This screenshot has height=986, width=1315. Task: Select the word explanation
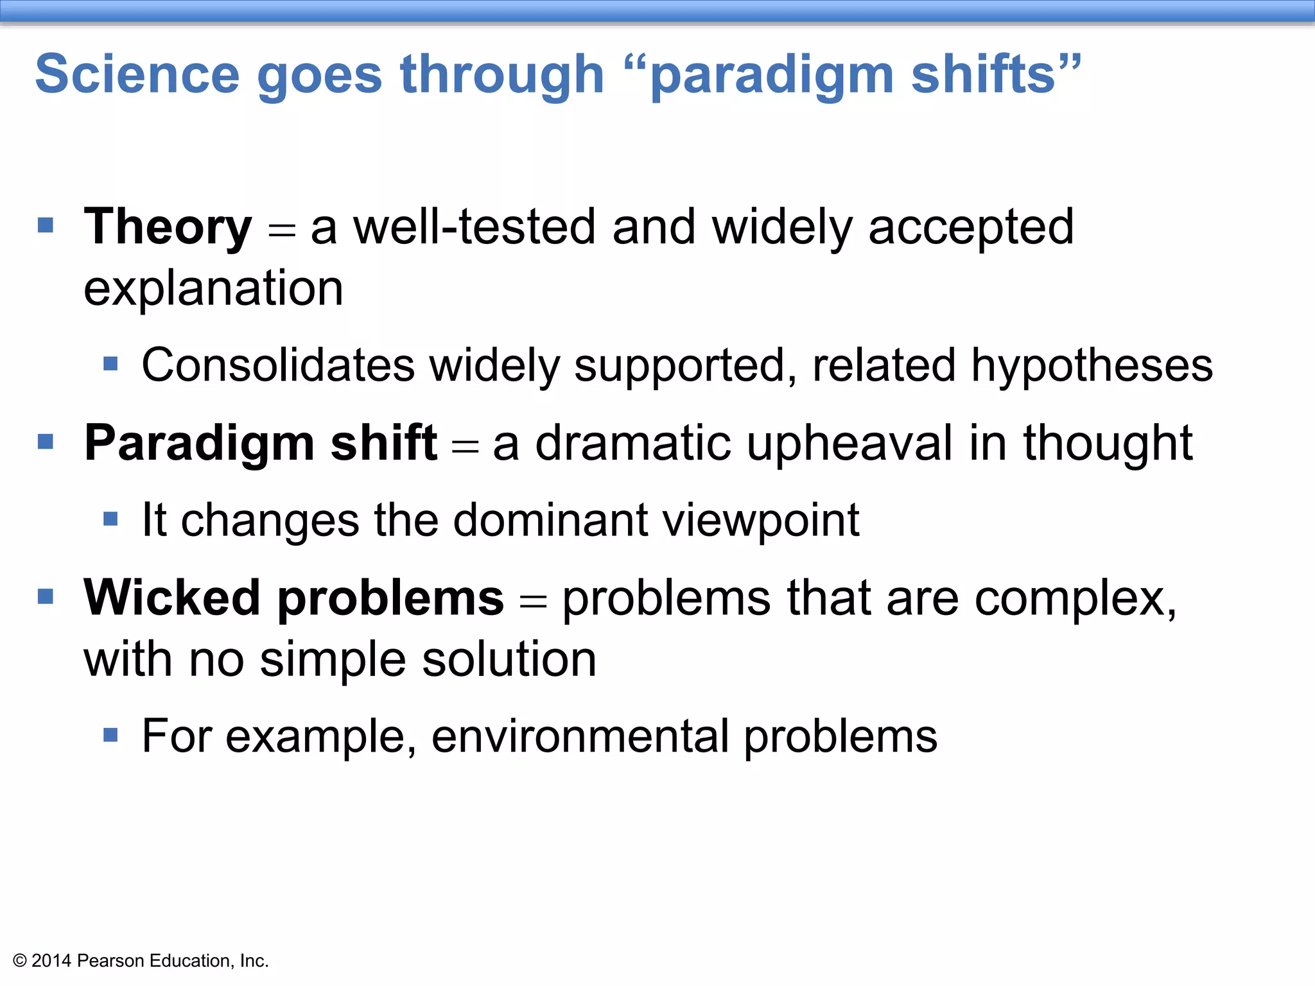coord(213,289)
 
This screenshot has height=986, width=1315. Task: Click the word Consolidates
coord(278,365)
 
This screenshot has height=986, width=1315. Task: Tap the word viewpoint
coord(761,521)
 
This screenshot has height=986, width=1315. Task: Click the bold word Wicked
coord(171,598)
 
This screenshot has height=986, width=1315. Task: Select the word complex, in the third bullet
coord(1076,599)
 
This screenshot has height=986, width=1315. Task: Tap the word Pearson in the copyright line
coord(110,961)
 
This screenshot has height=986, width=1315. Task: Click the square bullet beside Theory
coord(46,225)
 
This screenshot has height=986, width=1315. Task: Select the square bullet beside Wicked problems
coord(46,597)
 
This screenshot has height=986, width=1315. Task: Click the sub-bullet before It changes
coord(110,519)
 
